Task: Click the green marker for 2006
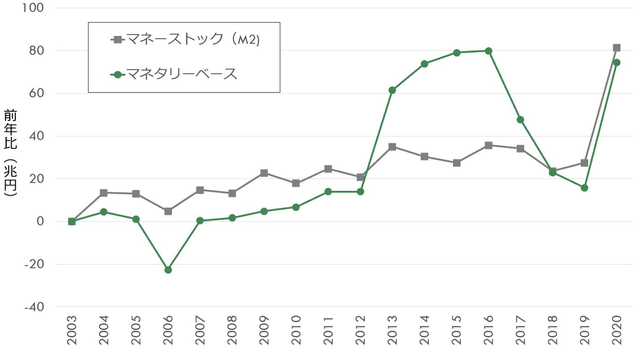tap(168, 270)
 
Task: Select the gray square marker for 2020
tap(616, 47)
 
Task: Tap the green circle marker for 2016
tap(488, 51)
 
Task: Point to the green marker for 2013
tap(392, 90)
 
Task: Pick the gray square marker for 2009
tap(264, 173)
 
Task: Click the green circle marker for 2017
tap(520, 120)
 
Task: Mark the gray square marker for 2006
tap(168, 211)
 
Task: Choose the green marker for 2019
tap(585, 188)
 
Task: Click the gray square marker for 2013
tap(392, 147)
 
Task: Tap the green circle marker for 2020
tap(616, 62)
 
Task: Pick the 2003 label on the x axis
tap(71, 331)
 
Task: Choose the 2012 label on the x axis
tap(360, 331)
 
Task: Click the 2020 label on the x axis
tap(616, 331)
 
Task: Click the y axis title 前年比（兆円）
tap(10, 153)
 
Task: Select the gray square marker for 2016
tap(488, 145)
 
